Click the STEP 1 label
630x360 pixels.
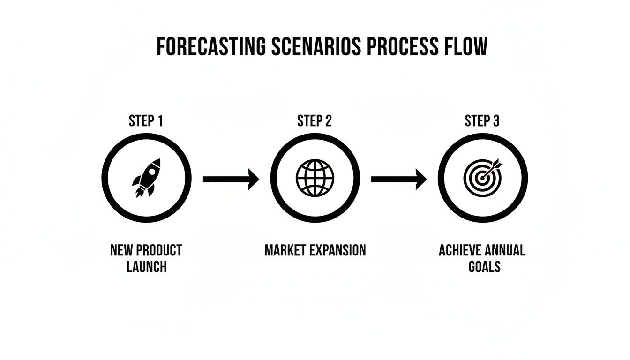[x=146, y=121]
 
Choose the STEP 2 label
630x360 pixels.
[x=315, y=121]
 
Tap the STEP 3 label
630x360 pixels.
[x=482, y=121]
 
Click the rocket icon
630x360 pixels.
[x=147, y=178]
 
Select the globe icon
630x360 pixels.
[x=315, y=178]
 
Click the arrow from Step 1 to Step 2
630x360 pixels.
[x=231, y=179]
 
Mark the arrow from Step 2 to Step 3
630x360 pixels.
[x=399, y=179]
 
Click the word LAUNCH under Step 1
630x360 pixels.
[x=146, y=267]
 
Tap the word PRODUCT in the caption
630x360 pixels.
[x=159, y=250]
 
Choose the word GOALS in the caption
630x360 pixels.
[x=484, y=267]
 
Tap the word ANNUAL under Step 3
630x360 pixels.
[x=506, y=250]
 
